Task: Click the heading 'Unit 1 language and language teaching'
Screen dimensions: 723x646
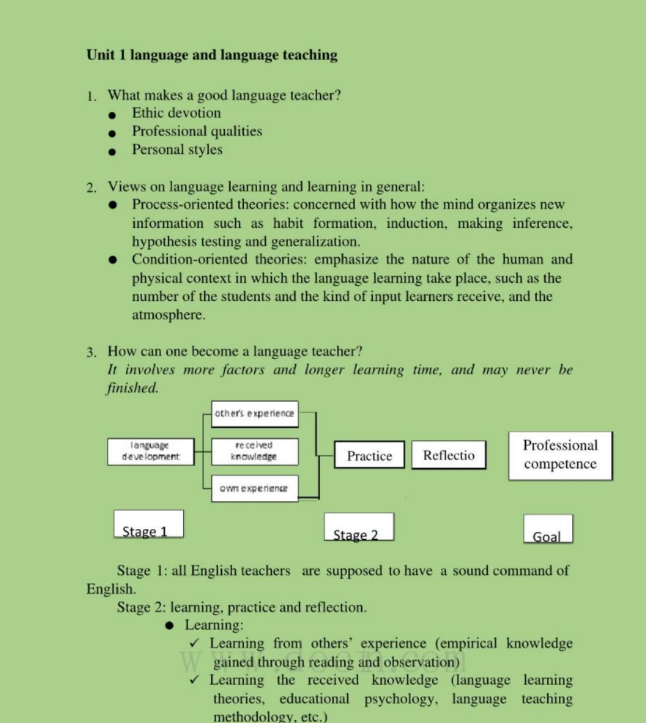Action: coord(212,55)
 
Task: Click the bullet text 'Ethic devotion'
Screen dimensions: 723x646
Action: coord(176,113)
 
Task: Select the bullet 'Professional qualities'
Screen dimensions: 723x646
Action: coord(196,131)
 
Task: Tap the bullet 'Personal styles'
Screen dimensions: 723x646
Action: coord(177,149)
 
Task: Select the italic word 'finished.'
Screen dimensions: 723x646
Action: coord(133,388)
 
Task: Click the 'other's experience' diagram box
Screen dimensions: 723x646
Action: coord(255,414)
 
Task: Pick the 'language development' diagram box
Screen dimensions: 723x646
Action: coord(149,451)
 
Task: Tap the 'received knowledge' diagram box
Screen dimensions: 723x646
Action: coord(254,451)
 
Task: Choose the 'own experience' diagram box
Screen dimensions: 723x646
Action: coord(254,488)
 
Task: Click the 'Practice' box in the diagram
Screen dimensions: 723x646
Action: coord(369,456)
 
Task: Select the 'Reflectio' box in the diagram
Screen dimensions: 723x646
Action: coord(448,455)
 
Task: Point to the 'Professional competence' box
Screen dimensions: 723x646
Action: coord(560,455)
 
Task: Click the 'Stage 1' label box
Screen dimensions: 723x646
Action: coord(148,524)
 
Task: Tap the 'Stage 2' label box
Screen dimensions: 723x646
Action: coord(358,527)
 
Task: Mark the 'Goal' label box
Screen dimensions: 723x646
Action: coord(547,529)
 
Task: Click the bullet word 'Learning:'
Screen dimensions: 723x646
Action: coord(214,625)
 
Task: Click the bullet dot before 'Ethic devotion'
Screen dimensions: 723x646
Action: coord(111,114)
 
